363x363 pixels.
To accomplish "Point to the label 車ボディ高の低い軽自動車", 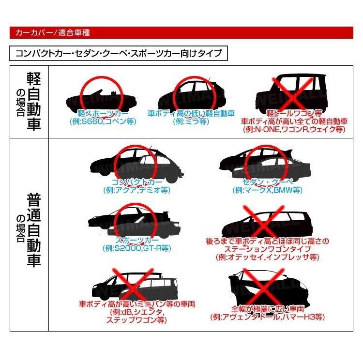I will pyautogui.click(x=191, y=113).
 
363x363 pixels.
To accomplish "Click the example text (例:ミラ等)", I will pyautogui.click(x=191, y=121).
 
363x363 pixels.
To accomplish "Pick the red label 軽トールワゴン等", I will pyautogui.click(x=294, y=113).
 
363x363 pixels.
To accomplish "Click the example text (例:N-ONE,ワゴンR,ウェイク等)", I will pyautogui.click(x=294, y=129).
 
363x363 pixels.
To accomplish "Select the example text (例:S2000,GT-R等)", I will pyautogui.click(x=136, y=248).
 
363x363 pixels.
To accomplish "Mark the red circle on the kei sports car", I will pyautogui.click(x=99, y=92).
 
